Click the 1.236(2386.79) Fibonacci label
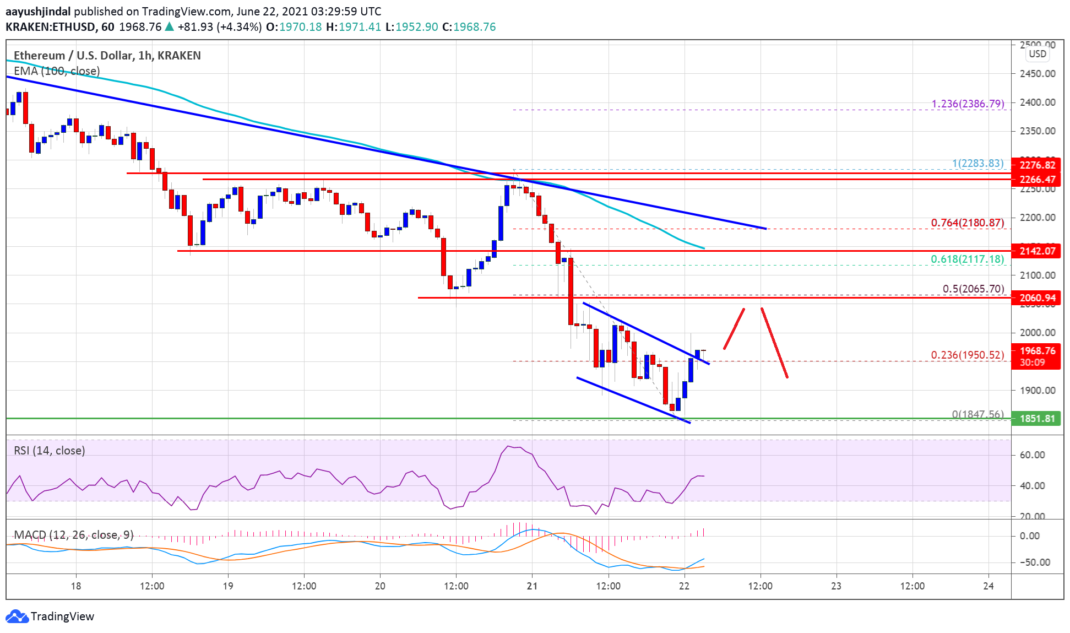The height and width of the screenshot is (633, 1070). click(x=968, y=104)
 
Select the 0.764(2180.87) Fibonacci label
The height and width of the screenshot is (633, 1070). click(x=968, y=223)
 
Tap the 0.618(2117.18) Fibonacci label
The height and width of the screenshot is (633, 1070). click(x=968, y=259)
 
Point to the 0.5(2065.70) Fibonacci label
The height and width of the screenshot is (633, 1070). click(x=973, y=289)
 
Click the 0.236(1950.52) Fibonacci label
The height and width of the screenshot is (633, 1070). click(x=968, y=355)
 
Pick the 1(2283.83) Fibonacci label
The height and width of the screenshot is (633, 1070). click(x=978, y=163)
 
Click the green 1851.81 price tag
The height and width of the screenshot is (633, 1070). click(x=1036, y=419)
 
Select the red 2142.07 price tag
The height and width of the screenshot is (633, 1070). click(x=1036, y=251)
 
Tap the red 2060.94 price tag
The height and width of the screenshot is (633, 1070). click(x=1036, y=298)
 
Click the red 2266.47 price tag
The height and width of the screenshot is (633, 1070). click(x=1036, y=180)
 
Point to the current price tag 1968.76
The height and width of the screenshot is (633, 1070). click(x=1036, y=351)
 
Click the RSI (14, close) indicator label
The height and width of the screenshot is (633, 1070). click(x=50, y=451)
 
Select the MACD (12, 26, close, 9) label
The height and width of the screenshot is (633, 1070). click(x=73, y=535)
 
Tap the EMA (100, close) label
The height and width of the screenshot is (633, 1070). click(x=57, y=71)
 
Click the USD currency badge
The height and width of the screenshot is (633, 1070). click(x=1038, y=54)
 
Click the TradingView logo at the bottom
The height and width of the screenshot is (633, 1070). click(x=50, y=616)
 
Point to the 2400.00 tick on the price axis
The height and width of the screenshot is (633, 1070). click(x=1038, y=102)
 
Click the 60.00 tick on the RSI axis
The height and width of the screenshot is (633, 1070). click(x=1032, y=455)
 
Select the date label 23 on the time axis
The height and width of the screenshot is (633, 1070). click(x=836, y=586)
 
